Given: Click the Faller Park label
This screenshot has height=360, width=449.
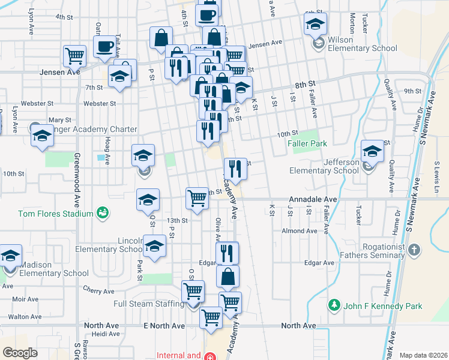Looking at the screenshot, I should tap(307, 143).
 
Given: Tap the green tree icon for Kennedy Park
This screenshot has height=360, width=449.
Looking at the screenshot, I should tap(335, 305).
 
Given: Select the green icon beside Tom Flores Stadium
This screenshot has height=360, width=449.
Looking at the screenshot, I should tap(103, 213).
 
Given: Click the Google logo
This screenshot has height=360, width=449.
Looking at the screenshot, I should tap(20, 352).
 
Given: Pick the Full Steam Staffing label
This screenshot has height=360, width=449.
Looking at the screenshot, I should tap(149, 304).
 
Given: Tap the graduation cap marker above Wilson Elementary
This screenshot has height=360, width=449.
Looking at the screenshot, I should tap(315, 25).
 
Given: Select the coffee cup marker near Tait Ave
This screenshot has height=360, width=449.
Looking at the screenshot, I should tap(104, 47).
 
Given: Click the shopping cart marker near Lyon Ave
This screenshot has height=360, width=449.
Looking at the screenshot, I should tap(74, 56).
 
